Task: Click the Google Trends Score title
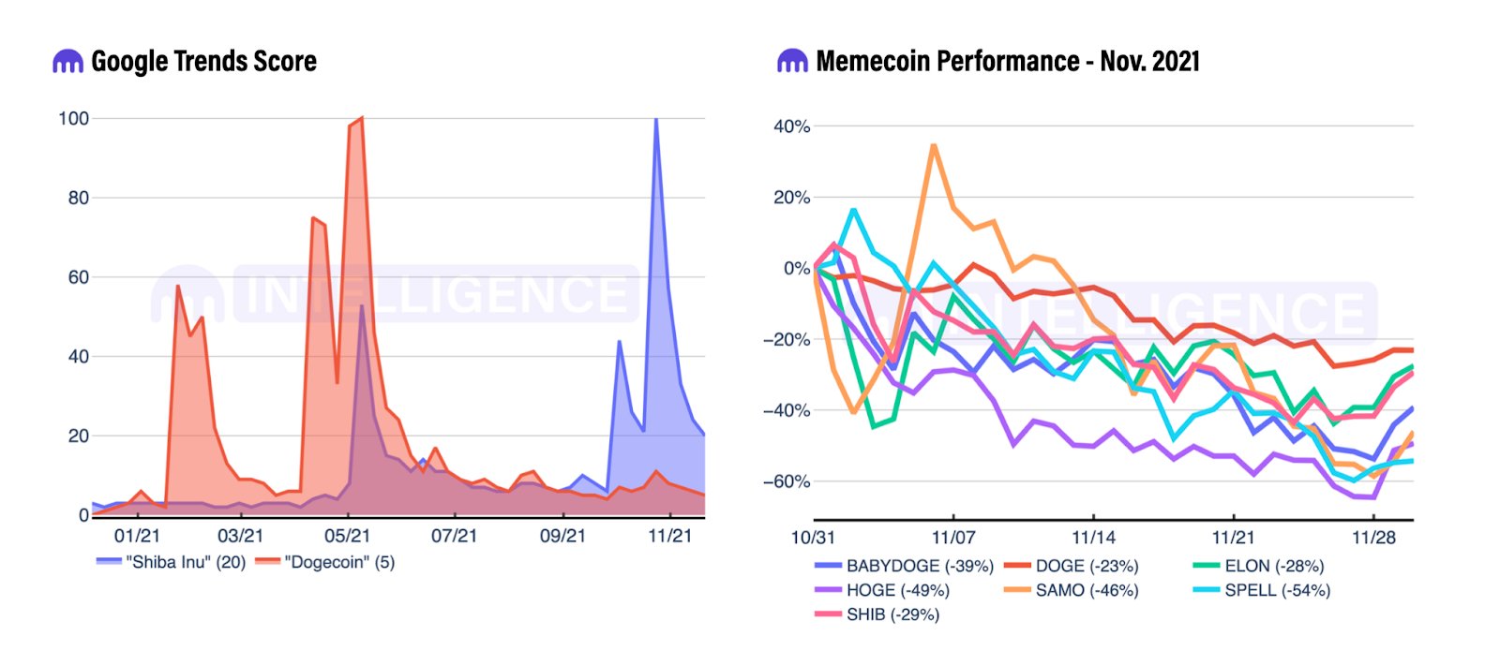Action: (x=203, y=62)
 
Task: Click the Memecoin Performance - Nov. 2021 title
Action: (x=1008, y=62)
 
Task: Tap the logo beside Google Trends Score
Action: (x=67, y=62)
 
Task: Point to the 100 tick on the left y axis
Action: (x=73, y=118)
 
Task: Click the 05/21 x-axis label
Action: (x=347, y=536)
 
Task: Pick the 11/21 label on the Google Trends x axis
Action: (x=669, y=536)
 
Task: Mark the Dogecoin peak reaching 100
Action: (x=362, y=119)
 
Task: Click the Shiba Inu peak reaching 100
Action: (x=656, y=119)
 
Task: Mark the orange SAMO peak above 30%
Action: (x=934, y=145)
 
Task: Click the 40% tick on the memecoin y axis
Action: (x=791, y=126)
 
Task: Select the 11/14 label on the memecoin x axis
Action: (x=1093, y=538)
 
